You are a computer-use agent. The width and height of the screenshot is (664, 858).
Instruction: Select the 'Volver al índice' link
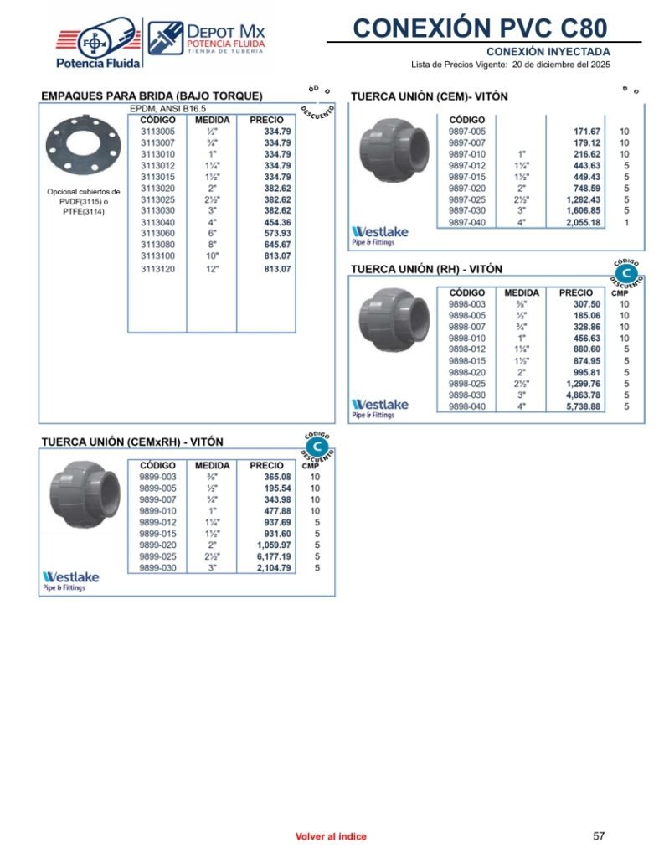coord(331,836)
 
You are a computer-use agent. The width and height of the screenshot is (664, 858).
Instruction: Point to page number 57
coord(599,835)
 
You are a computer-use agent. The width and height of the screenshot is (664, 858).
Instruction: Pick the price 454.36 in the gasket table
coord(277,223)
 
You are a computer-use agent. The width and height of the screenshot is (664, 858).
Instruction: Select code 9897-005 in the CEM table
coord(466,132)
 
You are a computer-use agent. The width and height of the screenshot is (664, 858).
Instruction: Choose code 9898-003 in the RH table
coord(466,304)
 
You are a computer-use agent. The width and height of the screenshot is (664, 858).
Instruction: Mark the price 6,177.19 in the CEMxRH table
coord(273,556)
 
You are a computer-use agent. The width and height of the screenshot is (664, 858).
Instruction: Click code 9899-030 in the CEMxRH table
coord(157,568)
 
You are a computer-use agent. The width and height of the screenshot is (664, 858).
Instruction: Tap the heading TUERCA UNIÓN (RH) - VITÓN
coord(426,270)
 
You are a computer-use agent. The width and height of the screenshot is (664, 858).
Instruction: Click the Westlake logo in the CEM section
coord(379,235)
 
